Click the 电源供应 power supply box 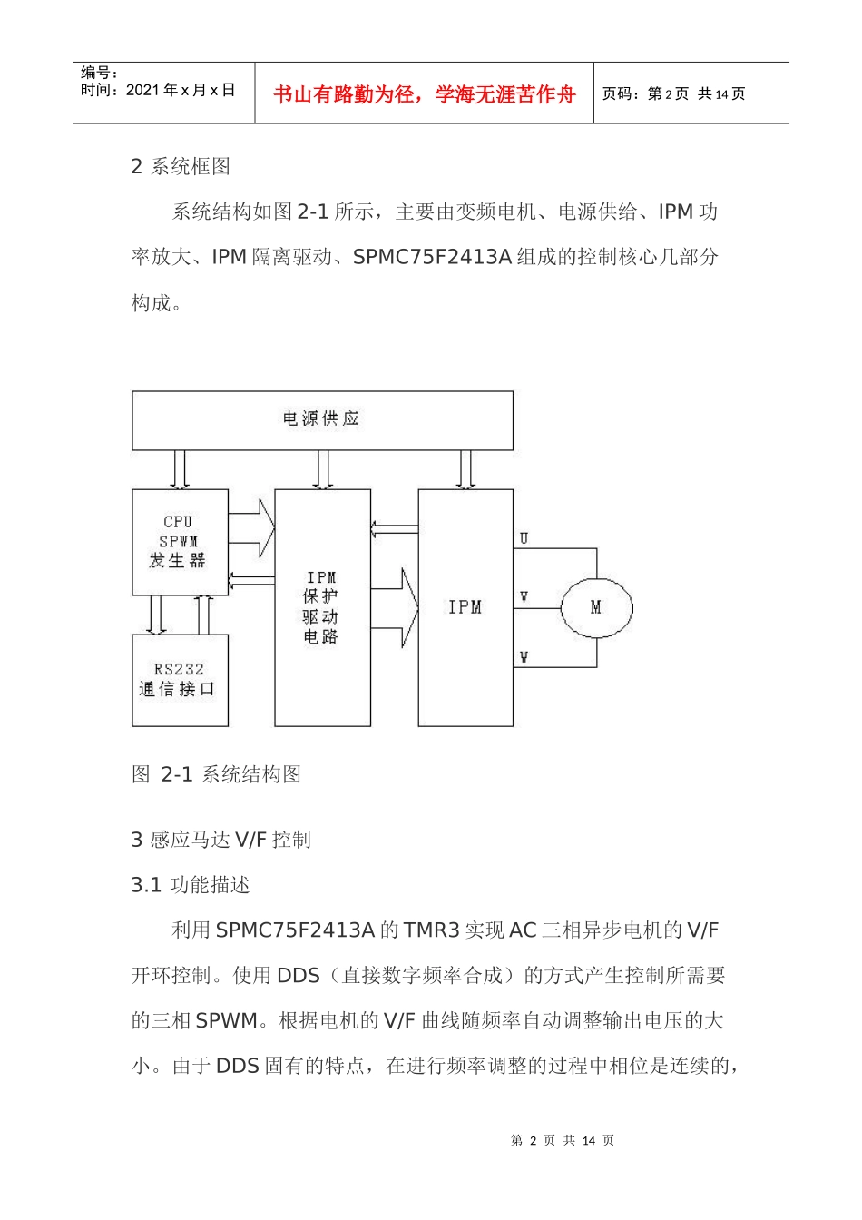[x=322, y=419]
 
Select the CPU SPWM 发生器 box [x=179, y=542]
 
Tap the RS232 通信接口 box [x=179, y=680]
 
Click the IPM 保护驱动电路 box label [x=321, y=607]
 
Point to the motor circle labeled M [x=595, y=607]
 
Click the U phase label [x=524, y=538]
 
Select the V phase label [x=524, y=597]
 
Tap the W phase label [x=524, y=656]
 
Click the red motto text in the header [x=425, y=94]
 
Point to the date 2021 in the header [x=142, y=90]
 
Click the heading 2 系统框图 [x=181, y=166]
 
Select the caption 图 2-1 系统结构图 [x=216, y=774]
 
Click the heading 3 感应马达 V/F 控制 [x=220, y=840]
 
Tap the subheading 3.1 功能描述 [x=190, y=885]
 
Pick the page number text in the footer [x=562, y=1141]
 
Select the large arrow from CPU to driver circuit [x=252, y=528]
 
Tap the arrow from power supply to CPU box [x=180, y=469]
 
